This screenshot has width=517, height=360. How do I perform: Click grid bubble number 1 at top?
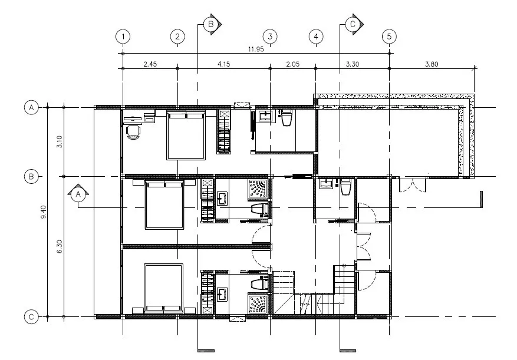(x=123, y=37)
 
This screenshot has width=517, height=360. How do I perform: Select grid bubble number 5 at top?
(x=389, y=37)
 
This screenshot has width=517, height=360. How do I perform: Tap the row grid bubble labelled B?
(x=31, y=177)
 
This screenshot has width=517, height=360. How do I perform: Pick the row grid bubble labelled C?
(x=31, y=317)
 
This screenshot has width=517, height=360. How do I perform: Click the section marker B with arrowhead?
(x=212, y=24)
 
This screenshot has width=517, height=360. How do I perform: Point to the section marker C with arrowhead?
(x=354, y=24)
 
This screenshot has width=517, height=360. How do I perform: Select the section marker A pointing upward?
(x=78, y=193)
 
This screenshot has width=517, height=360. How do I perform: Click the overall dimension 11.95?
(x=256, y=49)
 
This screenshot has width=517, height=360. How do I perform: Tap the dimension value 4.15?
(x=223, y=64)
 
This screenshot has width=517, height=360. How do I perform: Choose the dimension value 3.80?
(x=432, y=64)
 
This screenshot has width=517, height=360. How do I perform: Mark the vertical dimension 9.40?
(x=43, y=212)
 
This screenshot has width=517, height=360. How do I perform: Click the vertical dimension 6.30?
(x=60, y=247)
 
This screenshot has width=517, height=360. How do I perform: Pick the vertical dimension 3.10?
(x=60, y=142)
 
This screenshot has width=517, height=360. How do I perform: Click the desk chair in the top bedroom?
(x=133, y=132)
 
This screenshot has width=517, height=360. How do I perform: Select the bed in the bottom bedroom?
(x=163, y=288)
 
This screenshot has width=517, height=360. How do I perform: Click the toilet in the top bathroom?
(x=286, y=118)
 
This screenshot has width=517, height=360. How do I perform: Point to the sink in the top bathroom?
(x=265, y=116)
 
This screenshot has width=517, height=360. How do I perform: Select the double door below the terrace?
(x=412, y=185)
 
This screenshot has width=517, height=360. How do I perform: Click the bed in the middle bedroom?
(x=164, y=204)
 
